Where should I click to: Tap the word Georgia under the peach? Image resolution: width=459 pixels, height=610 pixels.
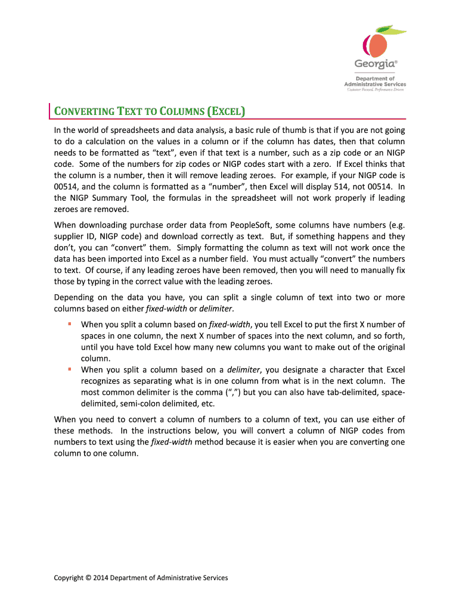click(x=374, y=64)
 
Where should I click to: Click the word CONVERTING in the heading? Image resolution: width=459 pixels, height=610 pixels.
click(x=84, y=111)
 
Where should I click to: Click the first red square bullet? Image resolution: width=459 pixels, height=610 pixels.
click(x=69, y=324)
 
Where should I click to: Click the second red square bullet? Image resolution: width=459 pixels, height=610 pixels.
click(x=69, y=369)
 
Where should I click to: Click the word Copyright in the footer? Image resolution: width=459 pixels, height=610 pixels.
click(x=69, y=577)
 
